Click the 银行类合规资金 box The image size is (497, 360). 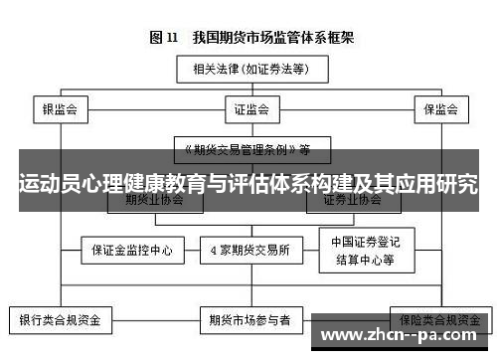(62, 321)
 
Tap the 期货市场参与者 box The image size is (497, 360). (249, 321)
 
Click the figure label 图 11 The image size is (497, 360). (163, 38)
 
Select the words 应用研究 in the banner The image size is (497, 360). (436, 185)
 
